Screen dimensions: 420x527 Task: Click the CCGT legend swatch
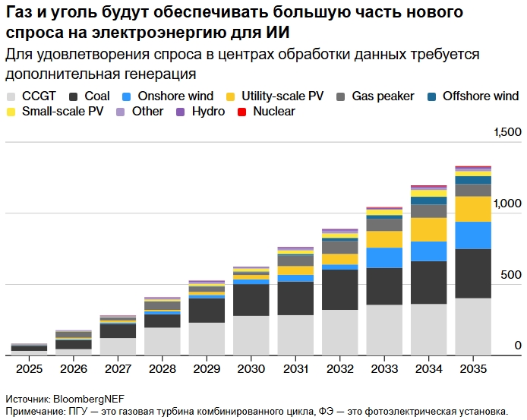click(x=11, y=96)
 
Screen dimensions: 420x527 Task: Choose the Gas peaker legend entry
click(x=383, y=96)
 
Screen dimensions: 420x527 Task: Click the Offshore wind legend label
click(x=481, y=96)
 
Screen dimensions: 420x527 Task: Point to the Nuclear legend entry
click(x=274, y=112)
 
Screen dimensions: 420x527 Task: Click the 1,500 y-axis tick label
click(x=507, y=133)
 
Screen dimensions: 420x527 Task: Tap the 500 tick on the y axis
click(x=510, y=275)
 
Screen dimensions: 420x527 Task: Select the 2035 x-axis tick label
click(x=472, y=368)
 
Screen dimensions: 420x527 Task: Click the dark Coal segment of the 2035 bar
click(x=472, y=273)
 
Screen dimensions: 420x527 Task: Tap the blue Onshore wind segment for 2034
click(x=428, y=251)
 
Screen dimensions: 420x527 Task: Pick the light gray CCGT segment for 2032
click(x=339, y=332)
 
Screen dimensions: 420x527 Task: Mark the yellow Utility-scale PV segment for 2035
click(x=472, y=209)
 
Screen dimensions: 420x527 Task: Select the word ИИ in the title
click(x=278, y=33)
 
